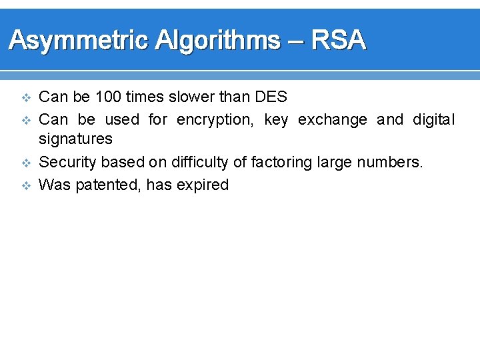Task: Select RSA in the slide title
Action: point(339,41)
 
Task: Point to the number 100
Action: point(108,97)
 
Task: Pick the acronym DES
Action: point(271,97)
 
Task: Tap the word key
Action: point(276,121)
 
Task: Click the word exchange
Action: point(332,120)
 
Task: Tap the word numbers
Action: point(393,162)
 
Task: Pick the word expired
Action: point(203,185)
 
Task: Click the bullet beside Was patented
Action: point(27,185)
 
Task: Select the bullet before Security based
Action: point(27,163)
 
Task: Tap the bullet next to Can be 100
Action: point(27,98)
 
